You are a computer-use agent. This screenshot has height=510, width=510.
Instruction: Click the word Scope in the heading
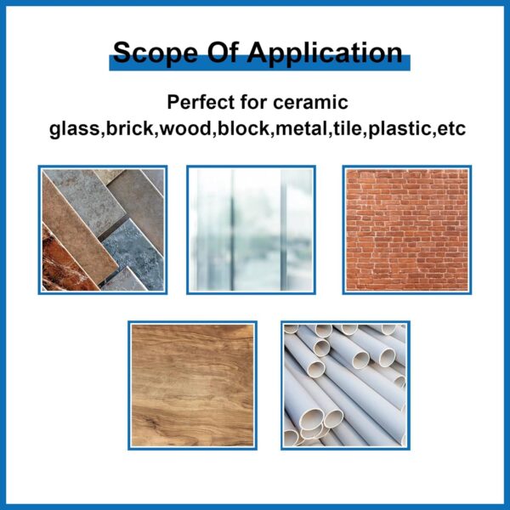156,53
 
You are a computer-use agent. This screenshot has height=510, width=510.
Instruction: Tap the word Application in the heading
325,53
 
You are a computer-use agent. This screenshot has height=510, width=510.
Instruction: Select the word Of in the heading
223,52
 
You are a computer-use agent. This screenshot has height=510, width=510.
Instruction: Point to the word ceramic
310,103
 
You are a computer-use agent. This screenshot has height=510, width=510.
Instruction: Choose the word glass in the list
74,129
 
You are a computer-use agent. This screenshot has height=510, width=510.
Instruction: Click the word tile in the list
348,128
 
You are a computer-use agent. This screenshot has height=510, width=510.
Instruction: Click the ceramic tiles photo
103,230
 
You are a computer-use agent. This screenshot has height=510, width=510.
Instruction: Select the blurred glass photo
251,230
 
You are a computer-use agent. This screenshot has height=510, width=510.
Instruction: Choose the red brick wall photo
407,230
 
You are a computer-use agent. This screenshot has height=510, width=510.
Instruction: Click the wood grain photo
193,385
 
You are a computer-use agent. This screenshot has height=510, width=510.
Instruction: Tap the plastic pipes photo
345,385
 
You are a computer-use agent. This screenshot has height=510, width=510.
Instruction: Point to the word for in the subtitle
254,102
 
